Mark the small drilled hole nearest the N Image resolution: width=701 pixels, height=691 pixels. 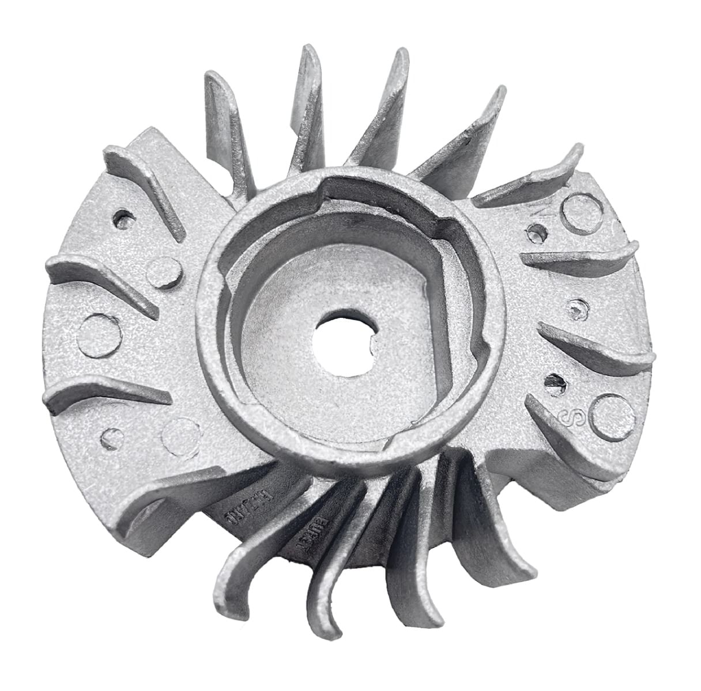click(537, 233)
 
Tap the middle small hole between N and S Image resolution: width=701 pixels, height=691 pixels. click(576, 309)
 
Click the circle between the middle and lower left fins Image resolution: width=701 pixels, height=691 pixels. click(99, 336)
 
